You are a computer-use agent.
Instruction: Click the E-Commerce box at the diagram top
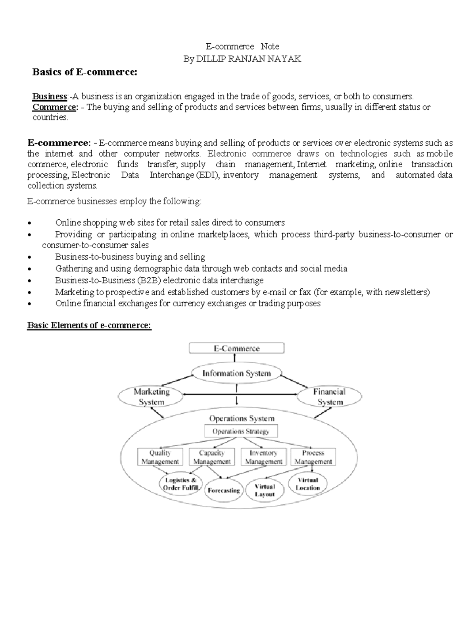coord(237,348)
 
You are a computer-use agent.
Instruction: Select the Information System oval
coord(237,373)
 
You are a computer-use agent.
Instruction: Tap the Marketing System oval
coord(151,397)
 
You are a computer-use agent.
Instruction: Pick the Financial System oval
coord(329,397)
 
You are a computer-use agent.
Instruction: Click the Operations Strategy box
coord(241,431)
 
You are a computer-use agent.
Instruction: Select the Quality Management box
coord(160,457)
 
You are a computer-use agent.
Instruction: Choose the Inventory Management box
coord(263,457)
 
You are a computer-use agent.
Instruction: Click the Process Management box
coord(313,457)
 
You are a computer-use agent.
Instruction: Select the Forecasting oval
coord(224,490)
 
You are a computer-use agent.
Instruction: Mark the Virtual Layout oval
coord(265,490)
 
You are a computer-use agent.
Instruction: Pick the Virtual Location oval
coord(308,484)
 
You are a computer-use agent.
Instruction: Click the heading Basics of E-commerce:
coord(84,72)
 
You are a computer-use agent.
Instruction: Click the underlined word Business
coord(50,96)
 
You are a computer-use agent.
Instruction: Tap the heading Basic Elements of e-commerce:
coord(89,325)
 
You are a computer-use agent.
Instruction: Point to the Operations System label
coord(241,418)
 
